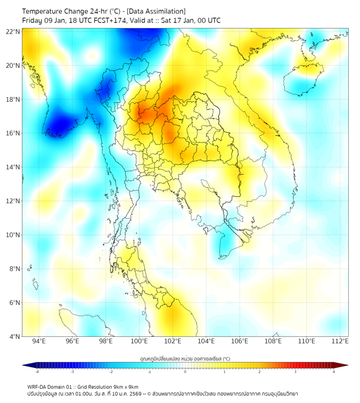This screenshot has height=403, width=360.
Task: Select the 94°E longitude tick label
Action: click(x=39, y=342)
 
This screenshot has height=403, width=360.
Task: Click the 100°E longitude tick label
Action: click(x=140, y=342)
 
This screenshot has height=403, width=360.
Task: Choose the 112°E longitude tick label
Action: click(x=340, y=342)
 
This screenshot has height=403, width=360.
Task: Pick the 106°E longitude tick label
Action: click(x=240, y=342)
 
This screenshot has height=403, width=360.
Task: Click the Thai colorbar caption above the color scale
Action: click(x=185, y=359)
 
